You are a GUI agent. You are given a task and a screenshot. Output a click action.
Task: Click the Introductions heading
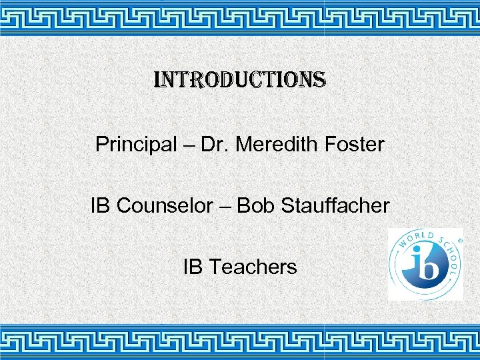tap(240, 81)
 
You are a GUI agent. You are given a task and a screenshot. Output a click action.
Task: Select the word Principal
tap(135, 145)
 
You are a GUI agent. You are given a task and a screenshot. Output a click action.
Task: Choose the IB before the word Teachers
tap(193, 267)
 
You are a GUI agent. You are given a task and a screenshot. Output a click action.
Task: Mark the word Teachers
tap(253, 267)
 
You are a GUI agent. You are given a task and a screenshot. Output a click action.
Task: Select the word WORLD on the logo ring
tap(416, 239)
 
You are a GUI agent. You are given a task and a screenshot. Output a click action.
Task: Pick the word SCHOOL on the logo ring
tap(451, 256)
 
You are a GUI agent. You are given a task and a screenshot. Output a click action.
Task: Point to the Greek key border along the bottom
tap(240, 341)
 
